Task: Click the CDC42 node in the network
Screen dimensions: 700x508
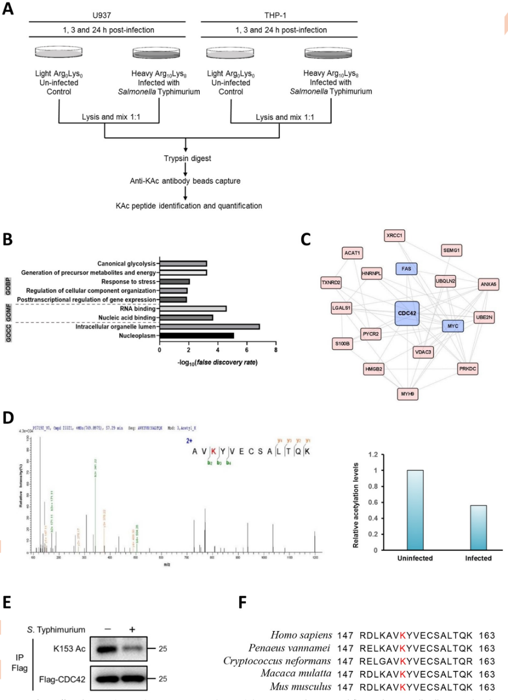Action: click(407, 314)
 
